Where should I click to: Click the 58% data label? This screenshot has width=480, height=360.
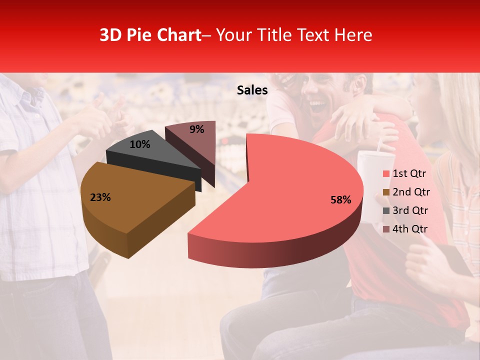pyautogui.click(x=340, y=200)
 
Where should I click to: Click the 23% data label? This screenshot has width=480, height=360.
pyautogui.click(x=100, y=197)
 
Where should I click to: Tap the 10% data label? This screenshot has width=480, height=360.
pyautogui.click(x=140, y=144)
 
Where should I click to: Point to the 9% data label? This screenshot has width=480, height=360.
pyautogui.click(x=197, y=129)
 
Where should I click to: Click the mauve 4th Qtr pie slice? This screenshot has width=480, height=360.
pyautogui.click(x=192, y=140)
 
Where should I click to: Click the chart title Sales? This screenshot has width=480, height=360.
pyautogui.click(x=252, y=90)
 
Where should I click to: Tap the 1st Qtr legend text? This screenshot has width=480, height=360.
pyautogui.click(x=409, y=173)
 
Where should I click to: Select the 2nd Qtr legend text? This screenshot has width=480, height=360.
pyautogui.click(x=411, y=192)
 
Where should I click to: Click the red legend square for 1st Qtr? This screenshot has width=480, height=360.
pyautogui.click(x=386, y=174)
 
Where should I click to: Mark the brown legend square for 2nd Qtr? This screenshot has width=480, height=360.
pyautogui.click(x=386, y=192)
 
